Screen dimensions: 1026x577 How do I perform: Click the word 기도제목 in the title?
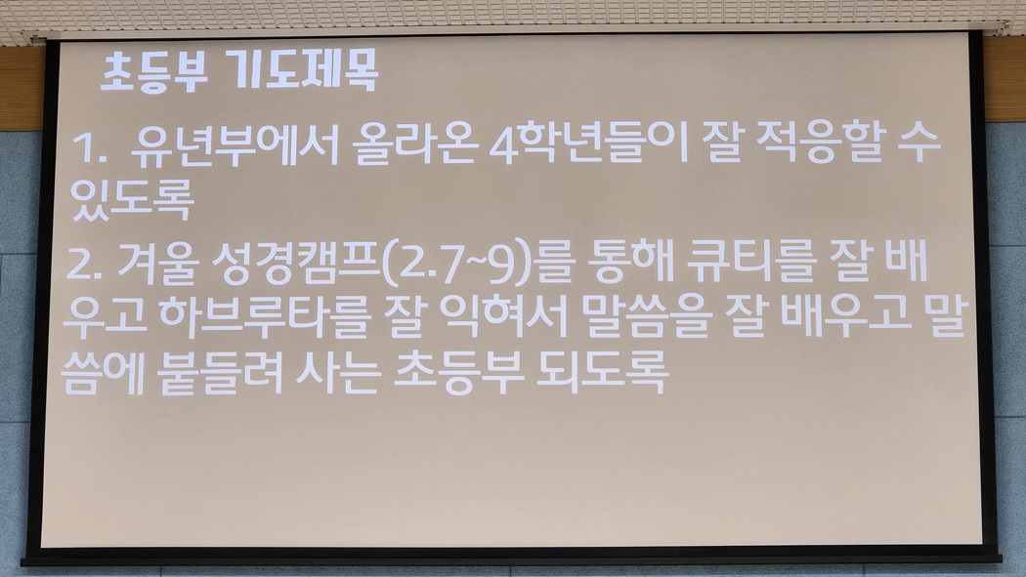pos(305,70)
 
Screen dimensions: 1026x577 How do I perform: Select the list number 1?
pos(89,147)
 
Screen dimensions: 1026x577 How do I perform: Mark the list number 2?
pos(83,266)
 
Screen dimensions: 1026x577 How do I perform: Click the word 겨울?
pos(157,264)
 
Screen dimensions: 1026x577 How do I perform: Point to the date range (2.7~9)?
pos(455,266)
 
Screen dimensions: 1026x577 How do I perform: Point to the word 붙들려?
pos(220,373)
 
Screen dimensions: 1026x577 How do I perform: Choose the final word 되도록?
pos(602,373)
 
